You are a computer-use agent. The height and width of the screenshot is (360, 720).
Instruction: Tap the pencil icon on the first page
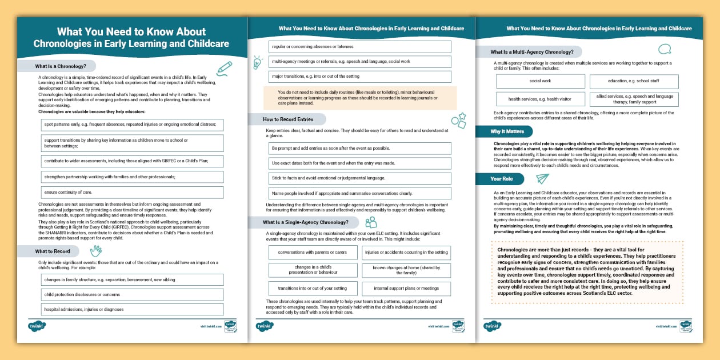(x=225, y=69)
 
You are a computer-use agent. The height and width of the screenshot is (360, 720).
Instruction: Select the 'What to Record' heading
(x=53, y=251)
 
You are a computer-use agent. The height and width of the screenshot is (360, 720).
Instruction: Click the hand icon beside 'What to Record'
(x=95, y=250)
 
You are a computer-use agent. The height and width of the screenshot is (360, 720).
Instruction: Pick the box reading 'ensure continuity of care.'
(x=131, y=193)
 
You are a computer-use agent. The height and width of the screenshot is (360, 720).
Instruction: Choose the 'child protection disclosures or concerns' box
(x=131, y=294)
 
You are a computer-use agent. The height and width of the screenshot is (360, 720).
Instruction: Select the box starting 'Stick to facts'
(x=359, y=178)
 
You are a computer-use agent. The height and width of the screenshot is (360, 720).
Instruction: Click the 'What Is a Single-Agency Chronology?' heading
(x=302, y=222)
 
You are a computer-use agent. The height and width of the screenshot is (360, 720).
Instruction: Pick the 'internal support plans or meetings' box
(x=406, y=289)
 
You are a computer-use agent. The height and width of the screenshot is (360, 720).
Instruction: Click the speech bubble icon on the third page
(x=665, y=50)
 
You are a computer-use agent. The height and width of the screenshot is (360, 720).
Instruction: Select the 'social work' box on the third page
(x=540, y=81)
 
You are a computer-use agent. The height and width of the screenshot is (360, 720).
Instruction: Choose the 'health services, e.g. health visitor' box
(x=540, y=99)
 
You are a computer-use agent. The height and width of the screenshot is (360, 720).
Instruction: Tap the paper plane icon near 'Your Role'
(x=542, y=178)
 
